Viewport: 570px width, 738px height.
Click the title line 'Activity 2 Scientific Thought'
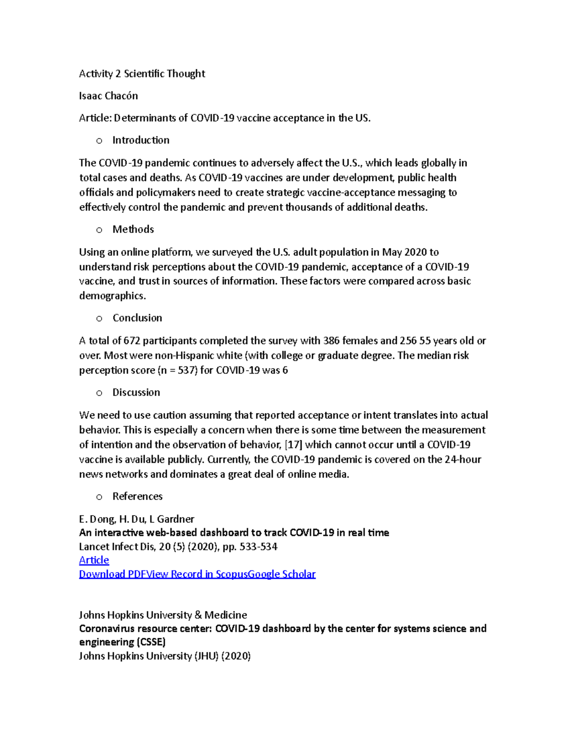[x=142, y=74]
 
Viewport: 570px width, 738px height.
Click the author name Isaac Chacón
[x=108, y=96]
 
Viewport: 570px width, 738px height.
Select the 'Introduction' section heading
[x=141, y=140]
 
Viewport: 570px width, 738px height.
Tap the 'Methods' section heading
[x=133, y=230]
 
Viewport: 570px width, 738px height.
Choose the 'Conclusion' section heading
[x=137, y=318]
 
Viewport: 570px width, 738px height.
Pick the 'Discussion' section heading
[x=136, y=393]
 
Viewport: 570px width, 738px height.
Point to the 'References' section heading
[x=137, y=497]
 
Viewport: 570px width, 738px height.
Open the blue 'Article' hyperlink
[x=94, y=560]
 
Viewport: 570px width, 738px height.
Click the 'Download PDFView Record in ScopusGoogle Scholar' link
[x=197, y=574]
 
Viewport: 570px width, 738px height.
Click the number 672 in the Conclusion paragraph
[x=132, y=341]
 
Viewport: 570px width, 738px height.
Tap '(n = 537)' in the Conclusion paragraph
[x=177, y=370]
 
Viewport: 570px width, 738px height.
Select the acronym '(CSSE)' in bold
[x=151, y=642]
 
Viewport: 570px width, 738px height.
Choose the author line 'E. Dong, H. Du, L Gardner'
[x=136, y=519]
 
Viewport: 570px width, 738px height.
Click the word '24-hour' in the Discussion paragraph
[x=463, y=460]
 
